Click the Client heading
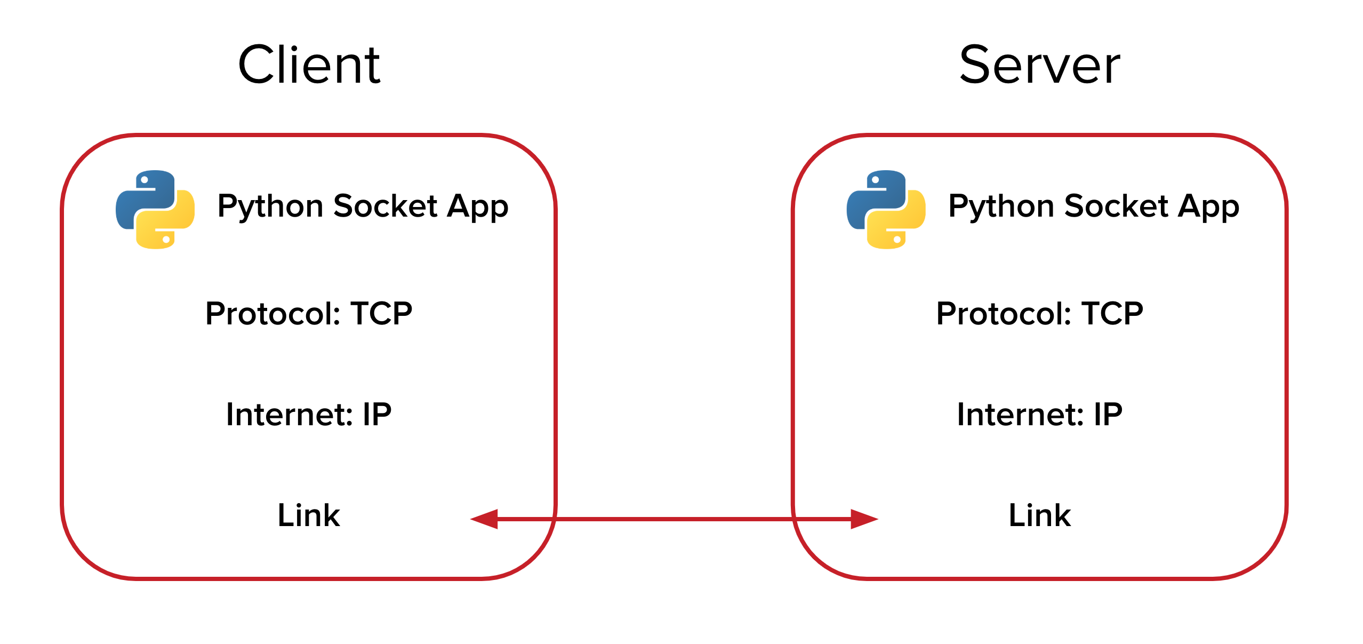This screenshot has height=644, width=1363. [x=309, y=65]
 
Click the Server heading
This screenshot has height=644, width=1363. [x=1039, y=65]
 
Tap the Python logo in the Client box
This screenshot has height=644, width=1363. [x=155, y=210]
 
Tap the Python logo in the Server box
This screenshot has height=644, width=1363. [x=886, y=210]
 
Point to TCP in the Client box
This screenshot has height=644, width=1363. [x=381, y=313]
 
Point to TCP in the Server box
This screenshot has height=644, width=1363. [x=1112, y=313]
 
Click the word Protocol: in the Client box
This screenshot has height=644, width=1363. [x=272, y=313]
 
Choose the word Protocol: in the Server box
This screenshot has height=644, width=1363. [x=1004, y=313]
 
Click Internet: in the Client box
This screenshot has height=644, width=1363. [x=289, y=414]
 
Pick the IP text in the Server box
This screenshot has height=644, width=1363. [x=1108, y=414]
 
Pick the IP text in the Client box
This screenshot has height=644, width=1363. [x=377, y=414]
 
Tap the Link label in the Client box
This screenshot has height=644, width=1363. [x=309, y=515]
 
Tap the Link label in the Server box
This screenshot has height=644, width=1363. [x=1039, y=515]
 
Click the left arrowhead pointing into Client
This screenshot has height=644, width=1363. [x=485, y=519]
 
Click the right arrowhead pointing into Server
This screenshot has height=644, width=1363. [x=863, y=519]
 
